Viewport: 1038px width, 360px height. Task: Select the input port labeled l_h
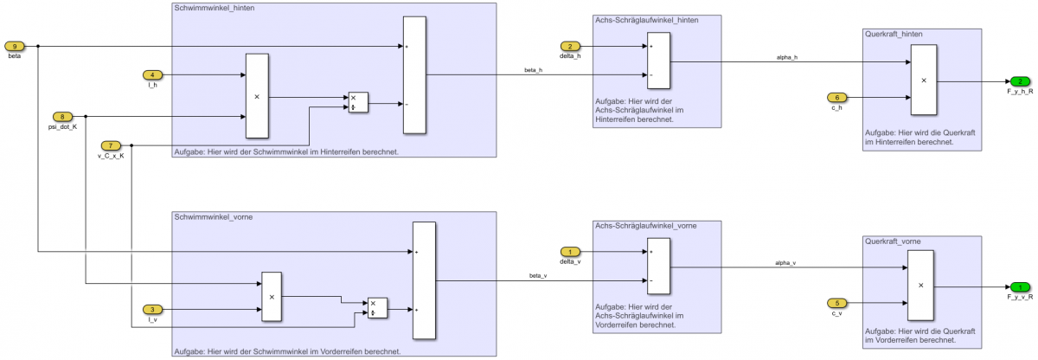tap(151, 75)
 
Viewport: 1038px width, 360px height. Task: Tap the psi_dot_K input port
tap(63, 116)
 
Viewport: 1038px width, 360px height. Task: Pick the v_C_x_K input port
tap(112, 145)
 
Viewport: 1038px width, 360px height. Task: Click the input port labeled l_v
tap(151, 309)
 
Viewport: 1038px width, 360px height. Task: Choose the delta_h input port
tap(569, 46)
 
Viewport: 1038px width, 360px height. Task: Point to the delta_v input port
tap(569, 252)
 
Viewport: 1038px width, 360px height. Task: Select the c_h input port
tap(836, 97)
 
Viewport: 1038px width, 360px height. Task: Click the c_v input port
tap(836, 303)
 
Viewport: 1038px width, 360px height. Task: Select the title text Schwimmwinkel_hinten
tap(208, 8)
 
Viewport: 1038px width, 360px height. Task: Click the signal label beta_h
tap(533, 69)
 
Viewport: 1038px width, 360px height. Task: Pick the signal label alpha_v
tap(785, 262)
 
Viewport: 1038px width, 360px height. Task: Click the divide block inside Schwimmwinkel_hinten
tap(357, 102)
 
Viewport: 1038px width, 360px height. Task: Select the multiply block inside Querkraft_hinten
tap(922, 80)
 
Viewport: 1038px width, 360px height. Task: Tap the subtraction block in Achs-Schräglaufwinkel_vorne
tap(657, 267)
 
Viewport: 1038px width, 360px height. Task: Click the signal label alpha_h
tap(786, 57)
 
